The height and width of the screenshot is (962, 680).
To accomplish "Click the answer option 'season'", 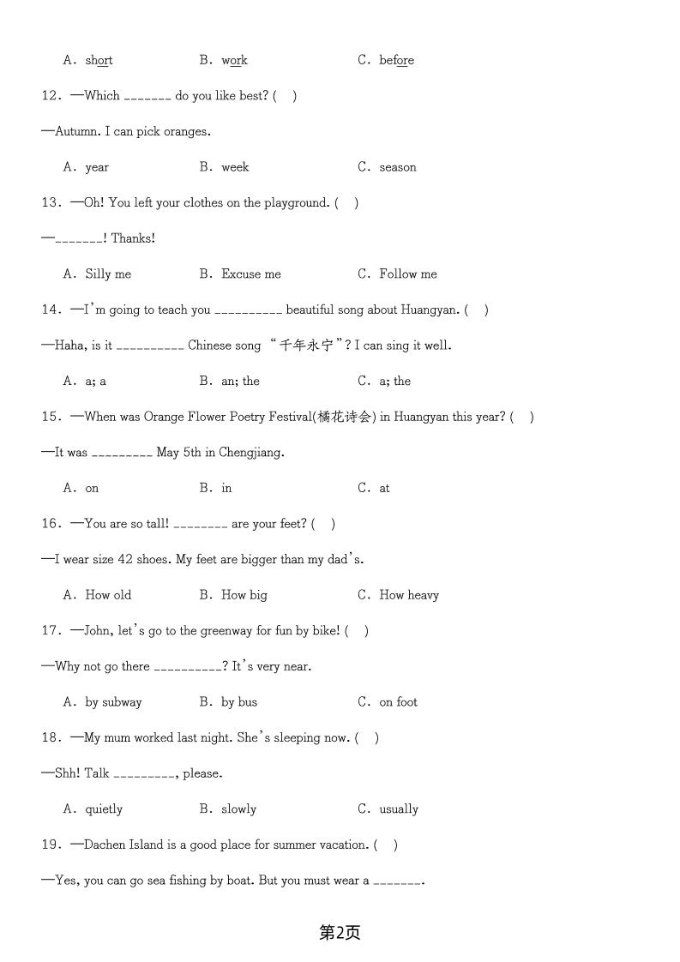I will tap(398, 167).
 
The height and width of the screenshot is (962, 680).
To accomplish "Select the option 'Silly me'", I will tap(108, 274).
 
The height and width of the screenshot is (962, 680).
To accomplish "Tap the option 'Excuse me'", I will tap(250, 274).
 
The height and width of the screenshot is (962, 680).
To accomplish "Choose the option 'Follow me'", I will tap(408, 274).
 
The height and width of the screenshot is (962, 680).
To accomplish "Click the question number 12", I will tap(51, 96).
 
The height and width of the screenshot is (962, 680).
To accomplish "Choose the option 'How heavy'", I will tap(409, 595).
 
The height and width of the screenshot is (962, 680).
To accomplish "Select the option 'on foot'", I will tap(399, 702).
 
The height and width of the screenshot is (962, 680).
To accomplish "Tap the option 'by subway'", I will tap(113, 702).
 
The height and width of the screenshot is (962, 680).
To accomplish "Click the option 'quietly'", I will tap(104, 809).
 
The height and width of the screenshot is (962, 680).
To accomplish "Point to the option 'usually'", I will tap(399, 809).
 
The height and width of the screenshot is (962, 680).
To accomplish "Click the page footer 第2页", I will tap(340, 933).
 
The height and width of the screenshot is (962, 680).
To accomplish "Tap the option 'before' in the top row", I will tap(396, 61).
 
